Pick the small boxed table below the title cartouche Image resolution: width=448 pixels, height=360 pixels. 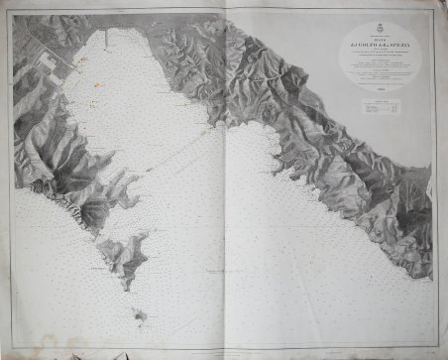pyautogui.click(x=381, y=108)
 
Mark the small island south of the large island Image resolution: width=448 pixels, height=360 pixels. pyautogui.click(x=139, y=317)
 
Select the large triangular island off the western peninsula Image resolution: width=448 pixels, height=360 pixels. pyautogui.click(x=123, y=254)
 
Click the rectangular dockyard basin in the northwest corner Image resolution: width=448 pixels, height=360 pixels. pyautogui.click(x=44, y=61)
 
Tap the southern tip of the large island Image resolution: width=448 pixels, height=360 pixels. pyautogui.click(x=128, y=278)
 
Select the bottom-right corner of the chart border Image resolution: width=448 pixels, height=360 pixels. pyautogui.click(x=437, y=349)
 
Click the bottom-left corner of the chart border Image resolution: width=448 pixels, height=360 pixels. pyautogui.click(x=10, y=349)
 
